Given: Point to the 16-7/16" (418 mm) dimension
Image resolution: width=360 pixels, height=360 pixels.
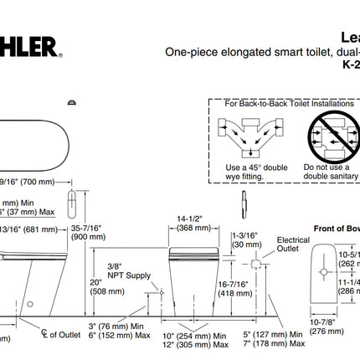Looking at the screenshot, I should [x=233, y=289].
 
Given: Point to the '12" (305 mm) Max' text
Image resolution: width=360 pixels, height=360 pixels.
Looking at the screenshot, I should [x=194, y=343].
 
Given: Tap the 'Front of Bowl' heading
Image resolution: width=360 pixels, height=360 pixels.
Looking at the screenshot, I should [x=335, y=227].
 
